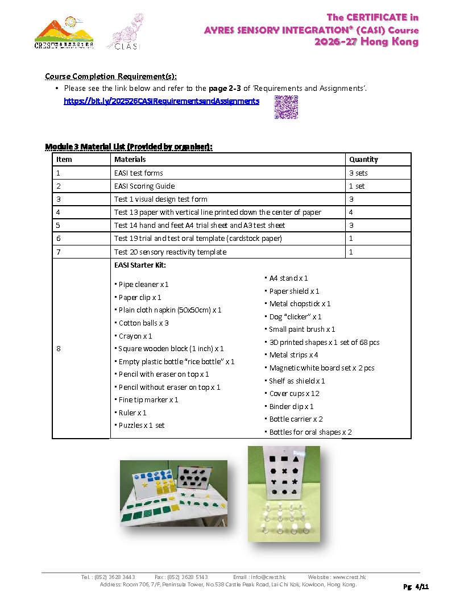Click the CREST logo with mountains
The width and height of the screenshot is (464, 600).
point(64,33)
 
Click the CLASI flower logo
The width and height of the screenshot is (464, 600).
point(125,32)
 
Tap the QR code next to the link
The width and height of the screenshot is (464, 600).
point(286,107)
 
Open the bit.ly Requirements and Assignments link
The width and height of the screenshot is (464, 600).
point(161,101)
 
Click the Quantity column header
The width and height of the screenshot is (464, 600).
point(363,160)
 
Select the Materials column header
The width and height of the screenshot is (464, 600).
point(130,160)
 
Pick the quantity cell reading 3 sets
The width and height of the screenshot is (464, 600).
point(358,173)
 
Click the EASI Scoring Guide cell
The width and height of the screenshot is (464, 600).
point(144,186)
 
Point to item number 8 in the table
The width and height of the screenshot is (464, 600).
point(59,349)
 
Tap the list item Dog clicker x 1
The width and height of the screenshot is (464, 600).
point(295,316)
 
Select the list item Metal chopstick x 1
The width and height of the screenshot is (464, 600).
point(300,303)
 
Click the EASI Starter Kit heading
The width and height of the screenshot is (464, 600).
point(140,265)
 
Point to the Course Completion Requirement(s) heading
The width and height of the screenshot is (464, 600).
point(110,76)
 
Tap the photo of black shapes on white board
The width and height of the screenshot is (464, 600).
point(284,493)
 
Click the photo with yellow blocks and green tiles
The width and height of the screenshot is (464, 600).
point(173,493)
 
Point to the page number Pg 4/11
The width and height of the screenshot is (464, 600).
point(416,586)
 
